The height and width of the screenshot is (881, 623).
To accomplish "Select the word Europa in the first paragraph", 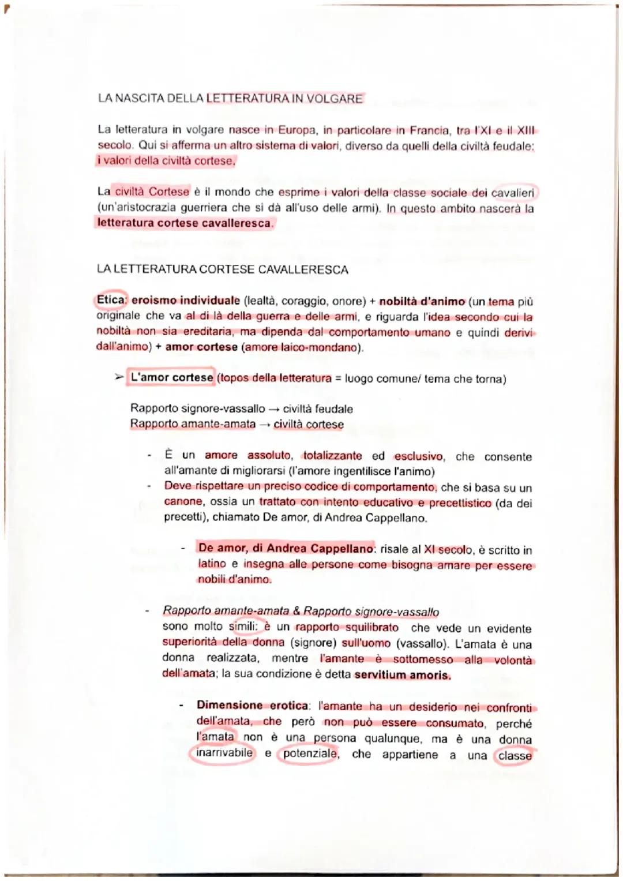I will (297, 130).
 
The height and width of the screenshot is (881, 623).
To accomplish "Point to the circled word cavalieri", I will (512, 193).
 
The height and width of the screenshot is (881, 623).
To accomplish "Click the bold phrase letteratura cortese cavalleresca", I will (184, 223).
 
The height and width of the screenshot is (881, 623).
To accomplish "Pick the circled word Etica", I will (111, 300).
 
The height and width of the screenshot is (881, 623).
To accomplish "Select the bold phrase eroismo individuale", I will (185, 301).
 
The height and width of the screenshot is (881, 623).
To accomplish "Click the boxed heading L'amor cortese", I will (171, 378).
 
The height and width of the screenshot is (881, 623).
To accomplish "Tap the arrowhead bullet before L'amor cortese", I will (118, 378).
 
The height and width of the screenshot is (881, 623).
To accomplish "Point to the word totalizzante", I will (332, 456).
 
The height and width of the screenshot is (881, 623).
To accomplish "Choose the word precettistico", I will (460, 503).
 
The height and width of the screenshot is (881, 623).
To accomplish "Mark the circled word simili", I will (242, 627).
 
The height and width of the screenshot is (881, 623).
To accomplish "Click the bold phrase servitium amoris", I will (402, 674).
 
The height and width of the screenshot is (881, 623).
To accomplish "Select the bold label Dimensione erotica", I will (252, 705).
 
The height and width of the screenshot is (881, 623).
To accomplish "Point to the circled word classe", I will (515, 756).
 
